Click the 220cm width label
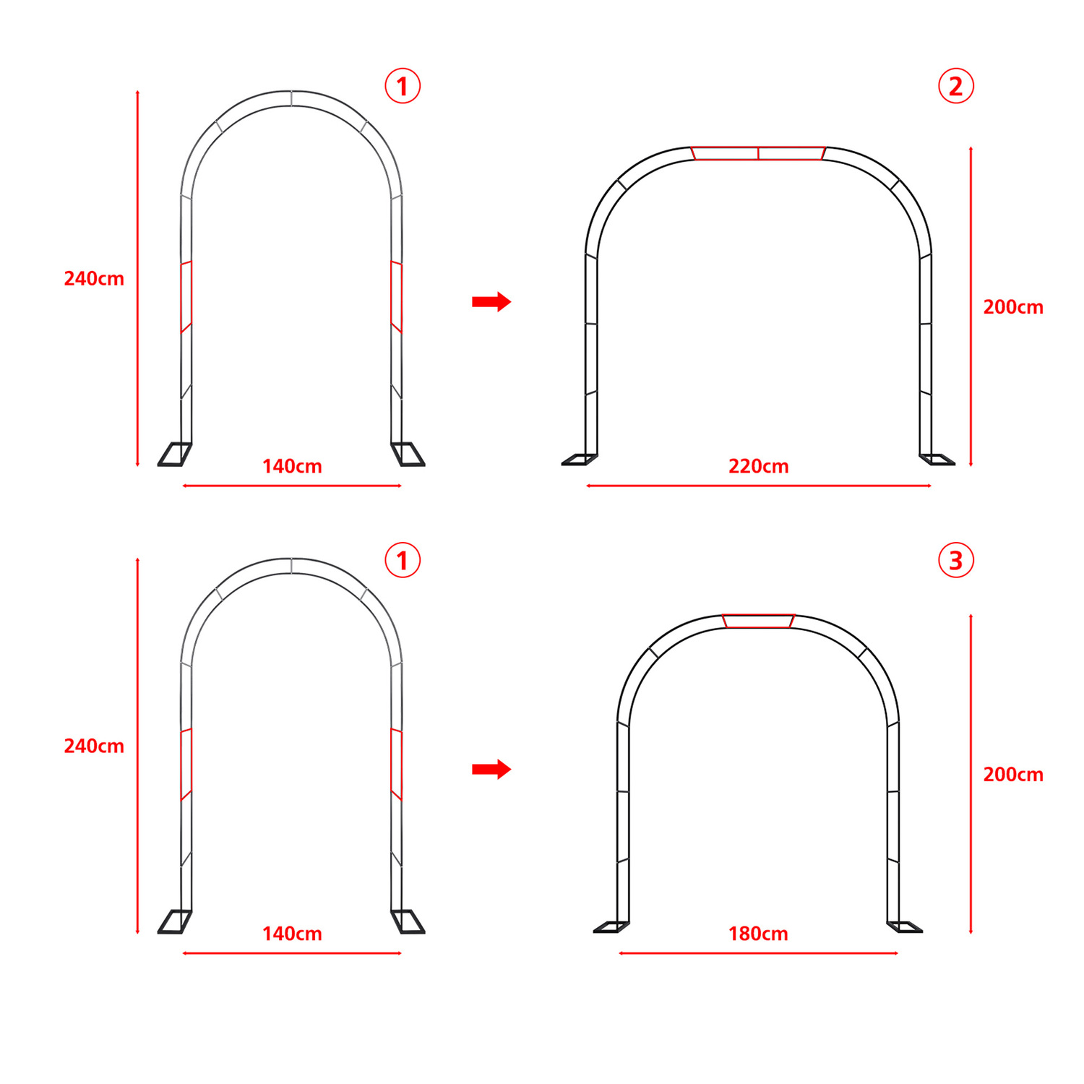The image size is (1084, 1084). tap(758, 466)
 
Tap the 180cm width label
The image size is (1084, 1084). tap(758, 934)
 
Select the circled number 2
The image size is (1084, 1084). tap(956, 86)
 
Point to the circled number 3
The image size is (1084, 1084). tap(956, 560)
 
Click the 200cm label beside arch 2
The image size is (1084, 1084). tap(1013, 307)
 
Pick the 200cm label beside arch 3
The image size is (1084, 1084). tap(1013, 775)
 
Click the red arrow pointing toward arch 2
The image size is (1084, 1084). tap(491, 301)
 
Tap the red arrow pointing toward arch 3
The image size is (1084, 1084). tap(491, 769)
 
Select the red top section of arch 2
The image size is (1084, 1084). tap(758, 153)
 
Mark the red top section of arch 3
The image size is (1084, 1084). tap(758, 621)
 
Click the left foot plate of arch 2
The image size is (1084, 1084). tap(580, 460)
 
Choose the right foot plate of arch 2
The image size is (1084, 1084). tap(937, 460)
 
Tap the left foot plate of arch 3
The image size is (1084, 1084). tap(611, 927)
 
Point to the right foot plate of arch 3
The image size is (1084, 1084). tap(905, 927)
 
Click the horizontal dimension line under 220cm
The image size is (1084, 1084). tap(759, 486)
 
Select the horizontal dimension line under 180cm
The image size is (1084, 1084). tap(758, 953)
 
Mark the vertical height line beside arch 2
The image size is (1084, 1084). tap(971, 306)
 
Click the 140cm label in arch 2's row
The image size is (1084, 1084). tap(292, 466)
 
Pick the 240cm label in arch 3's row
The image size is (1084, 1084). tap(94, 746)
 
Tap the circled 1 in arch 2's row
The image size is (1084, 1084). tap(403, 86)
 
